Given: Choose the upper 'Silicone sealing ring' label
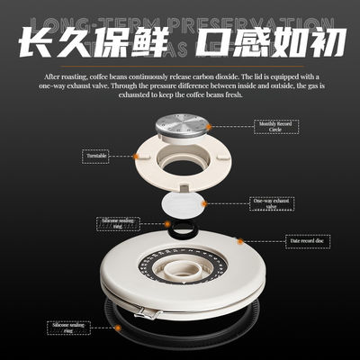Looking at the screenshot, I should click(x=118, y=222).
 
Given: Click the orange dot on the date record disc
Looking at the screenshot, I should click(x=237, y=240).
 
